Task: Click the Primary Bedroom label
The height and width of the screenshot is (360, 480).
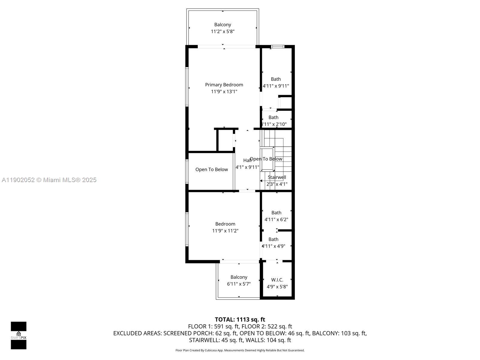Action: click(224, 85)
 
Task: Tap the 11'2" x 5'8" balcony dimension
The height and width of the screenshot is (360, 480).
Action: click(222, 31)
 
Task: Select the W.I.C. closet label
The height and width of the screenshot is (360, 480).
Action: click(277, 280)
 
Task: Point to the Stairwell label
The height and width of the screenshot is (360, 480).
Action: click(277, 177)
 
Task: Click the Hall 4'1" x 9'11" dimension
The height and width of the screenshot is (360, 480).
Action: click(247, 167)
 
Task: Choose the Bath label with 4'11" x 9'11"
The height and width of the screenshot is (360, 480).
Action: click(276, 79)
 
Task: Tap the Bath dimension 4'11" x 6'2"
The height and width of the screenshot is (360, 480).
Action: click(276, 220)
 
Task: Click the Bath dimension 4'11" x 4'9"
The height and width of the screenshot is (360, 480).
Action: click(273, 246)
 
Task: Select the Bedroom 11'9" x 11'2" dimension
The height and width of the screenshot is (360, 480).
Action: click(225, 231)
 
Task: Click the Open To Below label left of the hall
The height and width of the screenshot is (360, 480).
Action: click(211, 169)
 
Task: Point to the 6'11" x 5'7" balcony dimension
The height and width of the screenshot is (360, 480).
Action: click(239, 284)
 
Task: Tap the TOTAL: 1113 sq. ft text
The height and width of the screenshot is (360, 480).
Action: click(240, 319)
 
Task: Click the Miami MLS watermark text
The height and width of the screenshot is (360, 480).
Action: click(49, 180)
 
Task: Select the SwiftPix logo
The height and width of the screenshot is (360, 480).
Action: click(19, 335)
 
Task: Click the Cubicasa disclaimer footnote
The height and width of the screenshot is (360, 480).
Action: click(240, 350)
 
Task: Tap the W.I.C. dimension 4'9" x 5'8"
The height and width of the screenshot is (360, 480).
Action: click(277, 287)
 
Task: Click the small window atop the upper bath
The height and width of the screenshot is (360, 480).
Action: click(277, 46)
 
